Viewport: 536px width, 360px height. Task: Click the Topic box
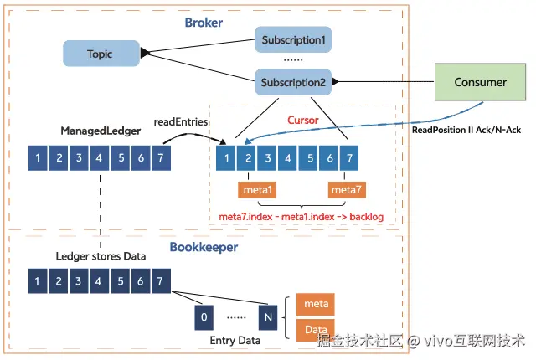tap(100, 54)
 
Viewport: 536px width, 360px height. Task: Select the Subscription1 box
tap(292, 39)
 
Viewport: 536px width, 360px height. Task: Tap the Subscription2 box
tap(292, 82)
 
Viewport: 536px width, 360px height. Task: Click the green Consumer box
tap(480, 82)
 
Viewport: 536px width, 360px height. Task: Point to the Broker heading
tap(204, 23)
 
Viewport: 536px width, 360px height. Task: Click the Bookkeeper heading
tap(204, 248)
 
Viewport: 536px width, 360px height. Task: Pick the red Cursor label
tap(303, 121)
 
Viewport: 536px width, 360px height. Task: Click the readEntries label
tap(181, 121)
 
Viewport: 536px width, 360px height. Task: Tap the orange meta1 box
tap(258, 190)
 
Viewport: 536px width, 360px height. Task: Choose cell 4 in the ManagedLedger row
tap(100, 157)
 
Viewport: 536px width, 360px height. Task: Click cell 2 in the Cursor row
tap(248, 157)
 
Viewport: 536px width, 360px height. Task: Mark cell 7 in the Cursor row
tap(350, 157)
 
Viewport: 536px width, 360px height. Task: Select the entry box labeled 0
tap(204, 316)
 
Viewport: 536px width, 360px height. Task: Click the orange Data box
tap(316, 331)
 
